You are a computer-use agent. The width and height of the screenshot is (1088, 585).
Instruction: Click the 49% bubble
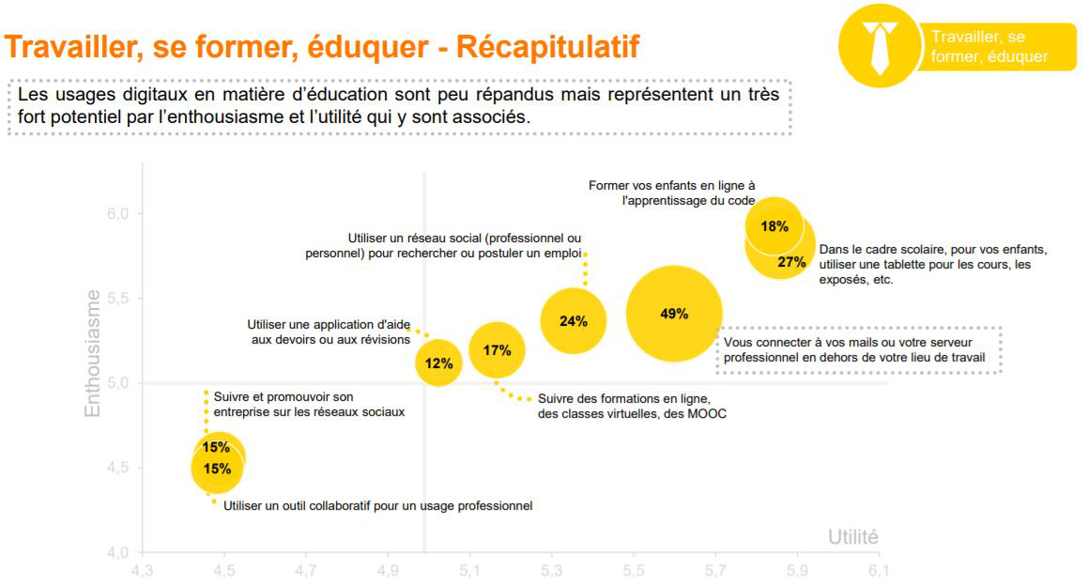[674, 315]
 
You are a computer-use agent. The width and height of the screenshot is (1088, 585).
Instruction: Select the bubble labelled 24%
[573, 321]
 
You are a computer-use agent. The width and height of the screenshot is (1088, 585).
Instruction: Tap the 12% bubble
[438, 362]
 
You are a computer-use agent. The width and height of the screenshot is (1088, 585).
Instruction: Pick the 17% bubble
[497, 351]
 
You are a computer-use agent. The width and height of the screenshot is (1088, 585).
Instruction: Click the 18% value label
[774, 226]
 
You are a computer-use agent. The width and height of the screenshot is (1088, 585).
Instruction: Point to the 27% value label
[791, 262]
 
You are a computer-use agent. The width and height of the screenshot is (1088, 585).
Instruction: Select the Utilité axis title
[852, 537]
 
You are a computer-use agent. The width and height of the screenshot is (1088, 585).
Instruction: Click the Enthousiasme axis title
[93, 352]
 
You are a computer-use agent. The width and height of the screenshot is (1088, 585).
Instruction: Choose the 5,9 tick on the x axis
[797, 570]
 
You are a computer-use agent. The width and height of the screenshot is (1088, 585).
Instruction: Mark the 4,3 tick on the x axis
[142, 570]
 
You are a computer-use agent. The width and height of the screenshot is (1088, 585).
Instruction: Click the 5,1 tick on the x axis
[469, 570]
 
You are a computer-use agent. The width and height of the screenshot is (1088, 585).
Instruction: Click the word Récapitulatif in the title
[548, 47]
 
